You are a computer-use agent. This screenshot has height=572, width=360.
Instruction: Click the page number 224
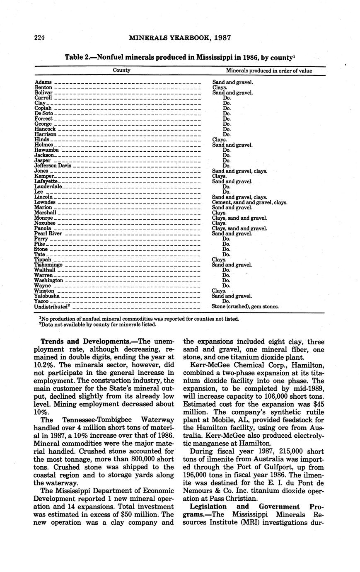[39, 38]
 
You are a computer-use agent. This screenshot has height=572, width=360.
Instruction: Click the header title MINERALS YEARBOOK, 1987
[180, 38]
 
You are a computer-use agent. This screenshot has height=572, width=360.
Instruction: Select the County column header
[121, 70]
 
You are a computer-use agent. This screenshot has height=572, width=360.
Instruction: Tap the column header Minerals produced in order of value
[269, 71]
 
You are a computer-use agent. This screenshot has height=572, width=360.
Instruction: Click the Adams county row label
[43, 82]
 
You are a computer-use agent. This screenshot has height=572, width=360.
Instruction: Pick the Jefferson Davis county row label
[53, 166]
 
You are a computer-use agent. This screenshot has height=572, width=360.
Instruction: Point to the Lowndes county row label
[45, 202]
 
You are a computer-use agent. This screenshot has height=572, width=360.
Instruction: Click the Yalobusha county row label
[47, 296]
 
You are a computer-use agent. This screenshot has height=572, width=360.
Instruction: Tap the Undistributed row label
[51, 307]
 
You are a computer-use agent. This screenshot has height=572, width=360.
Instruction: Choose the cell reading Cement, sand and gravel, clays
[249, 203]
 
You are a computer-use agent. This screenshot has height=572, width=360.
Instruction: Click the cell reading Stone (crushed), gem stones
[245, 307]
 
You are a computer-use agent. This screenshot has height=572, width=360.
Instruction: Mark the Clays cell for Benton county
[219, 87]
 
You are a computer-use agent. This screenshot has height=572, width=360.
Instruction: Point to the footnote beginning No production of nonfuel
[139, 319]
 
